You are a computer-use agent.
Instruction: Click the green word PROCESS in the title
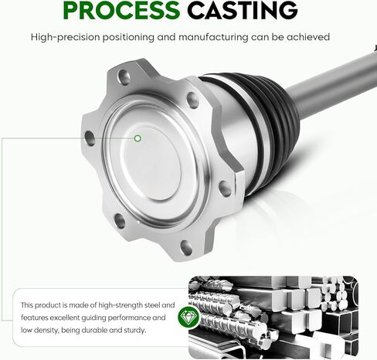pos(121,10)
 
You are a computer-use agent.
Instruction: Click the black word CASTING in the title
pos(243,10)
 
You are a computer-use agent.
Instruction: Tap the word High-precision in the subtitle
pos(66,37)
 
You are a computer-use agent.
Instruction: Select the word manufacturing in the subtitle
pos(213,37)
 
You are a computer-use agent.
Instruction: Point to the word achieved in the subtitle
pos(308,37)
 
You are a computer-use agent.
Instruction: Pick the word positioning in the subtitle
pos(128,38)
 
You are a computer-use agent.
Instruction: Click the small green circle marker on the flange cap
pos(138,138)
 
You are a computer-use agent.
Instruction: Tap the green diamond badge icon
pos(188,317)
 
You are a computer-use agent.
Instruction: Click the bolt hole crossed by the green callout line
pos(90,138)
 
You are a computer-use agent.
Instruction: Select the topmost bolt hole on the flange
pos(124,77)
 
